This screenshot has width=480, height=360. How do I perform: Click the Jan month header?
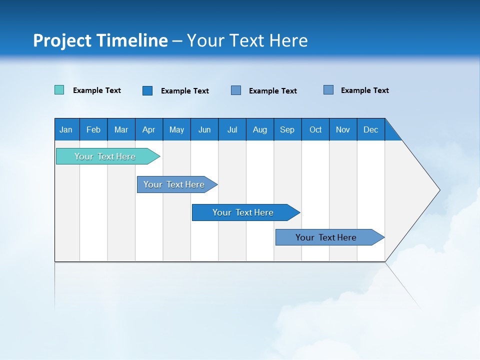(66, 129)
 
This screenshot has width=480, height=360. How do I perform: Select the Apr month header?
(148, 129)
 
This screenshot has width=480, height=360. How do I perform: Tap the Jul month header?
(232, 129)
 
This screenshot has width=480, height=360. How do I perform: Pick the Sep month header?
(287, 129)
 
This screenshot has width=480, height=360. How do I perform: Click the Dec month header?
(370, 129)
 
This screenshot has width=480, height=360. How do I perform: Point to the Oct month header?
(315, 129)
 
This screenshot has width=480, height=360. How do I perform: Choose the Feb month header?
(93, 129)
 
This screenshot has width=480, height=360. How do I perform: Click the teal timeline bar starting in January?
(105, 156)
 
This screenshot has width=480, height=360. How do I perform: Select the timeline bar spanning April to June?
(174, 184)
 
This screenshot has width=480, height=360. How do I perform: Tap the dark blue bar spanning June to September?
(243, 212)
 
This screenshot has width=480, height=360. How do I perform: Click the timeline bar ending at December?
(326, 237)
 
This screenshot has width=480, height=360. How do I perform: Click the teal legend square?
(59, 90)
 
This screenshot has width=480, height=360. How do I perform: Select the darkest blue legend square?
(147, 90)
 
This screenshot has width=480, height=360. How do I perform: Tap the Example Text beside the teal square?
(97, 90)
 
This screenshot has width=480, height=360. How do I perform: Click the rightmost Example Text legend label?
(365, 90)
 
